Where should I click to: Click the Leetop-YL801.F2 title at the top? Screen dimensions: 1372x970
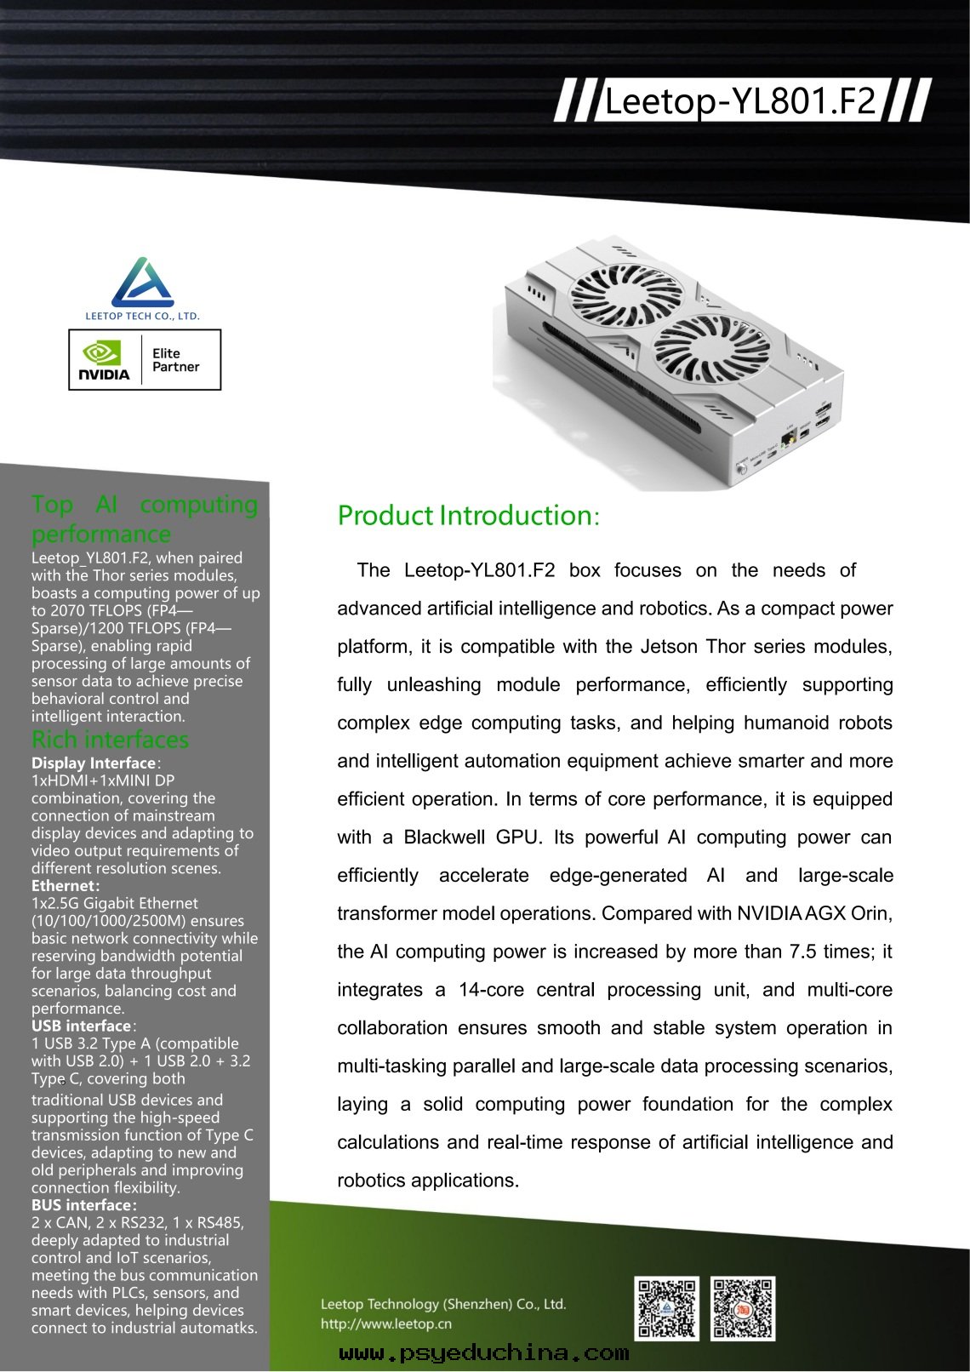coord(739,101)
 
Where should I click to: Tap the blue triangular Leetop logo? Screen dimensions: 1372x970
coord(143,283)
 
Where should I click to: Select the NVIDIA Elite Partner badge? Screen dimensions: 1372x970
coord(145,360)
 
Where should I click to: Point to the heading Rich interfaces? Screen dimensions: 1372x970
coord(110,739)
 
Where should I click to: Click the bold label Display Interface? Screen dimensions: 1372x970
coord(94,763)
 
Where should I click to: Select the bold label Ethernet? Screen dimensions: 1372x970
coord(65,885)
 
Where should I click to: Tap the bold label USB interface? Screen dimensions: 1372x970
coord(82,1026)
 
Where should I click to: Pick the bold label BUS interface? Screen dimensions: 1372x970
coord(82,1205)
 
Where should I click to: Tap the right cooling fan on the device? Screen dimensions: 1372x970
coord(710,348)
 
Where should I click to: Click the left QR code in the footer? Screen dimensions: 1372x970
coord(666,1308)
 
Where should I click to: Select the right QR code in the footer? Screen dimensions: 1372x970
coord(742,1308)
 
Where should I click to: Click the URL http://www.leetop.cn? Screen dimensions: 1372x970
coord(385,1323)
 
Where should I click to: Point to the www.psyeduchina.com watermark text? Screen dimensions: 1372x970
coord(484,1353)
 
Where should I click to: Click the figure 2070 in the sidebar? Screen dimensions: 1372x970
coord(67,610)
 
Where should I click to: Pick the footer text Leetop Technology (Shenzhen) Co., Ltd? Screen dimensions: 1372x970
coord(442,1304)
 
